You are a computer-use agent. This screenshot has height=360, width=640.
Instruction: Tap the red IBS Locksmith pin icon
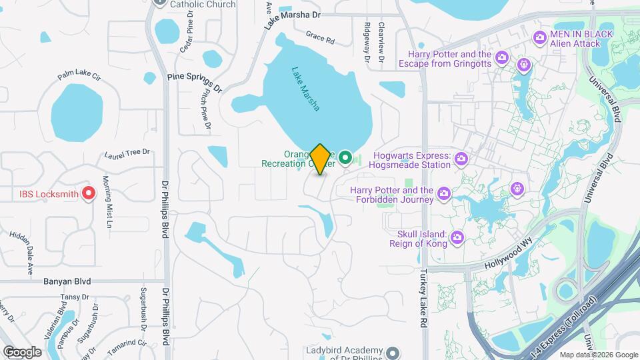(x=88, y=194)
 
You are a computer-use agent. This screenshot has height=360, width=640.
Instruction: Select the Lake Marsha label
(x=306, y=89)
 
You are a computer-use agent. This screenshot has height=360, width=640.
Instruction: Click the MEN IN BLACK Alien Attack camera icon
(x=540, y=39)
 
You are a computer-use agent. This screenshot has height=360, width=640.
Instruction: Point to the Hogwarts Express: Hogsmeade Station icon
(x=460, y=159)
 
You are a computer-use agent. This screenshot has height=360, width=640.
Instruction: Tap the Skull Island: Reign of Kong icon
(x=457, y=237)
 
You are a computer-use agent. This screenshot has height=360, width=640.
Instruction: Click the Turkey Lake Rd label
(x=423, y=298)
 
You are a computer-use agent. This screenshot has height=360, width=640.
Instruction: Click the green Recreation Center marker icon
(x=345, y=158)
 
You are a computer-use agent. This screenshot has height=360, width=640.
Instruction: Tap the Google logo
(x=21, y=351)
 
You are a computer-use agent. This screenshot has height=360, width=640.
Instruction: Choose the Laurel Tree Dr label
(x=127, y=155)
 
